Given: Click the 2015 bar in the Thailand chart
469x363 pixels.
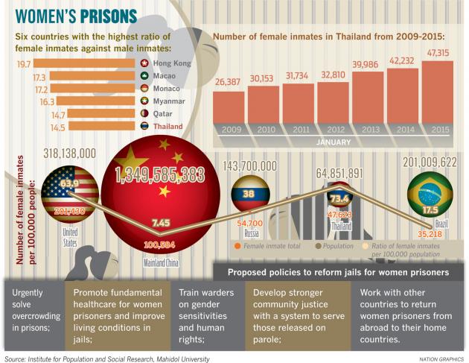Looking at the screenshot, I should (x=437, y=91).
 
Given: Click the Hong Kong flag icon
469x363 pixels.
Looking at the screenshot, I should (x=164, y=65).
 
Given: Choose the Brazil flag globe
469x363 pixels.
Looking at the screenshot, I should (x=427, y=195).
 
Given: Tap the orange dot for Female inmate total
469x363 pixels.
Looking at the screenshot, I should (x=237, y=245).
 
